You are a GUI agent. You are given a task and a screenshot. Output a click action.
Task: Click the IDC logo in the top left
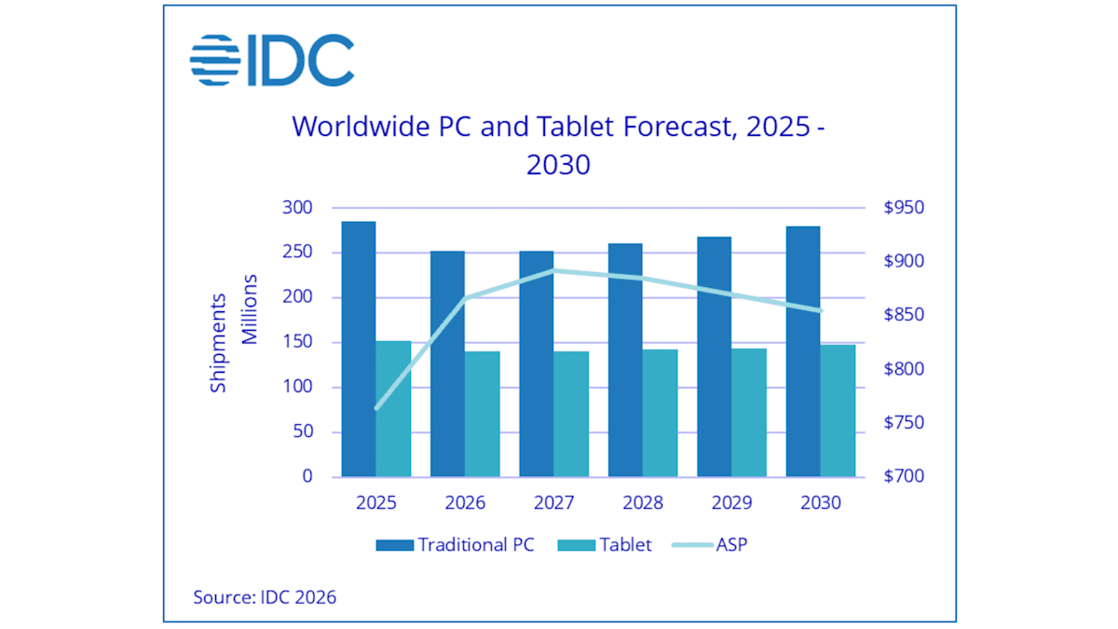pos(272,61)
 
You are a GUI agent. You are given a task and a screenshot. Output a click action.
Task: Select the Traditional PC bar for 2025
pos(359,349)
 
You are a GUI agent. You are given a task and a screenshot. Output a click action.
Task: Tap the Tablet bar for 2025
pos(393,409)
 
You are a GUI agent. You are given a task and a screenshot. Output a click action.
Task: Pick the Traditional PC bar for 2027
pos(537,363)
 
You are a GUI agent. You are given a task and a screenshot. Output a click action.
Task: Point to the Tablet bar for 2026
pos(482,414)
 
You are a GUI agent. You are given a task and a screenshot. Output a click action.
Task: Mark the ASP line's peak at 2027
pos(554,271)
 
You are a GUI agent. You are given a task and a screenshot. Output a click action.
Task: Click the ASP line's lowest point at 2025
pos(376,407)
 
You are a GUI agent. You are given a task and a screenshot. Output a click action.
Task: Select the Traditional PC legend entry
pos(456,545)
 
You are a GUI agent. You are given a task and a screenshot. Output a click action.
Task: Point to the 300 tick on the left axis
pos(297,208)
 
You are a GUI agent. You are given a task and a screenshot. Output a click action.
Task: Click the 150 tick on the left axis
pos(297,342)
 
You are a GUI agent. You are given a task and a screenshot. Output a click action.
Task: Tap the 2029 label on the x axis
pos(731,503)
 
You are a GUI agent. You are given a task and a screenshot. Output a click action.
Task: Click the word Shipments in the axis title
pos(218,342)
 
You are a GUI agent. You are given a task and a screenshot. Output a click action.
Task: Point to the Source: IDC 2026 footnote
pos(265,596)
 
